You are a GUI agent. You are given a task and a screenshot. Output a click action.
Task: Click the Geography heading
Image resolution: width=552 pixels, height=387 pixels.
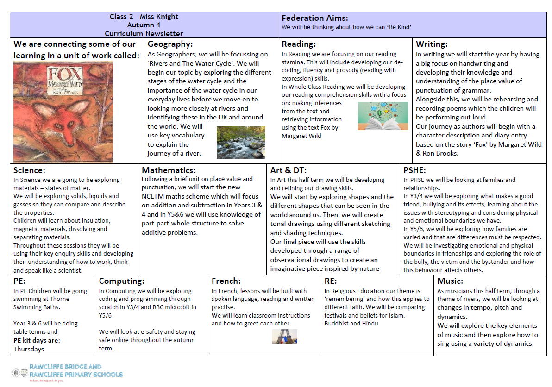tap(170, 44)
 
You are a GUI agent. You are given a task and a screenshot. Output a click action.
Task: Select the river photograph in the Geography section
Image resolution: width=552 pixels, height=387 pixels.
tap(241, 142)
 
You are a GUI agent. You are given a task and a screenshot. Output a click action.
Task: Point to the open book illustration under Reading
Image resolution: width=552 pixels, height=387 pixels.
tap(383, 116)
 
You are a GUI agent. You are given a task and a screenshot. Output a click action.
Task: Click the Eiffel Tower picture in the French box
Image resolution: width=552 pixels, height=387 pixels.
tap(284, 337)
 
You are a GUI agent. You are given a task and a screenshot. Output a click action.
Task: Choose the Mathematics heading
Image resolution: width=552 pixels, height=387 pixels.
tap(169, 170)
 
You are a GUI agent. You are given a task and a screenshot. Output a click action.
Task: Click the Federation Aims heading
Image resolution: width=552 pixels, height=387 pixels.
tap(315, 18)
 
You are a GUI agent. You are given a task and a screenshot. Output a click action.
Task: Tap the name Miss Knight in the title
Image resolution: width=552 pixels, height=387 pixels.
tap(159, 17)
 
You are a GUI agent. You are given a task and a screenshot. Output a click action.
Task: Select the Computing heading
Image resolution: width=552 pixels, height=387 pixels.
tap(122, 281)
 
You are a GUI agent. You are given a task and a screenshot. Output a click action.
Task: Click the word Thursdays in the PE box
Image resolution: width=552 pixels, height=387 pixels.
tap(29, 349)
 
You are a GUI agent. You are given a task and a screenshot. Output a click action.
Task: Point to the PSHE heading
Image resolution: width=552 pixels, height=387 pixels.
tap(414, 170)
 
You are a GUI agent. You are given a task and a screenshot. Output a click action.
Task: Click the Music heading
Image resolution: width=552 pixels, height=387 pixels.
tap(450, 281)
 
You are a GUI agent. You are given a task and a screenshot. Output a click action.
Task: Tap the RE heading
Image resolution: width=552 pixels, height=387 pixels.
tap(331, 281)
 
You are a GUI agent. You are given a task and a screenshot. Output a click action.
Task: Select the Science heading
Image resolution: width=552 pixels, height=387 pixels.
tap(29, 170)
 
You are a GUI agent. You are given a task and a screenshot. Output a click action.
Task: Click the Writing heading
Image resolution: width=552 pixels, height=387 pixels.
tap(432, 44)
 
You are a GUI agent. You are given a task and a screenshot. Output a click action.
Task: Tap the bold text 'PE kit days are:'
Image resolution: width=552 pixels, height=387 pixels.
tap(37, 341)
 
